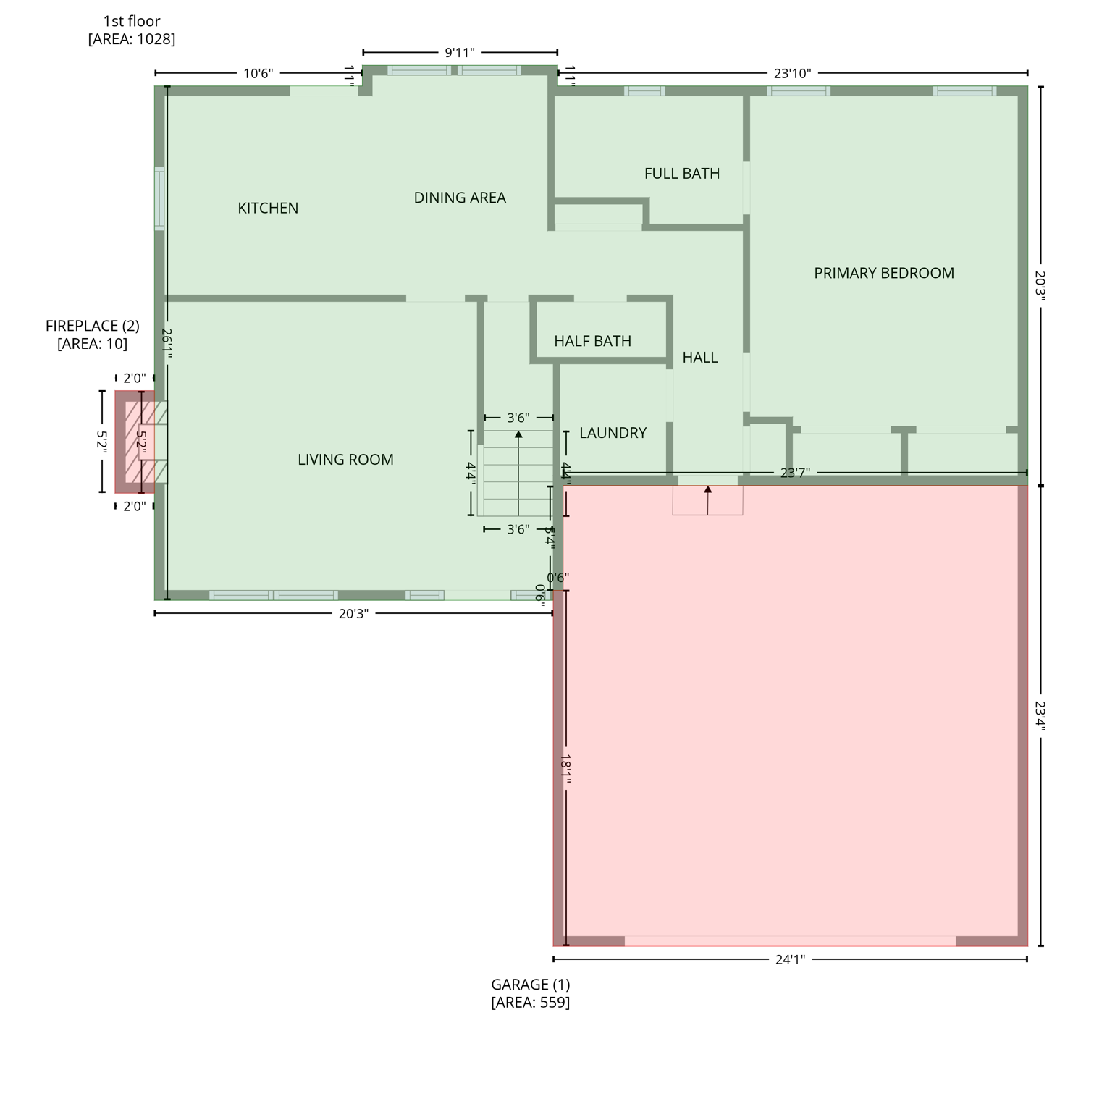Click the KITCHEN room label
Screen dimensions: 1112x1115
coord(268,208)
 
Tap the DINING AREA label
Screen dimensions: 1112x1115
coord(460,198)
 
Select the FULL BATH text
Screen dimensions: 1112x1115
coord(681,174)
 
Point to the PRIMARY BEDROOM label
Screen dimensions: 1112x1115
coord(883,273)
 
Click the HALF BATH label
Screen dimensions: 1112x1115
coord(592,341)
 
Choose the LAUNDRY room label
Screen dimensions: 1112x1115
coord(613,433)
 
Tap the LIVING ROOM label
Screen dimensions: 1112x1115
coord(345,460)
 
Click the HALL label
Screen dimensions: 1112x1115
coord(699,358)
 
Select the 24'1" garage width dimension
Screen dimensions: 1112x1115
coord(789,960)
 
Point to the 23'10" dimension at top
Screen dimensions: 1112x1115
coord(792,73)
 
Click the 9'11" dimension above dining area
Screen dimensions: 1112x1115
coord(459,52)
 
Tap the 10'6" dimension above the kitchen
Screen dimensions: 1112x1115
coord(258,73)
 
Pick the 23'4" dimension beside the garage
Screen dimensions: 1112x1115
coord(1040,715)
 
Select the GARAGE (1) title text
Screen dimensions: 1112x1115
coord(530,985)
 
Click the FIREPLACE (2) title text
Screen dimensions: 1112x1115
coord(92,326)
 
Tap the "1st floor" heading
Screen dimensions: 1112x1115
coord(131,22)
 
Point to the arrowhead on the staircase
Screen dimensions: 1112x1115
coord(518,434)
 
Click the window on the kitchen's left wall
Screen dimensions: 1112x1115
coord(159,198)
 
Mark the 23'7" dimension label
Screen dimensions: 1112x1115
coord(794,473)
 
